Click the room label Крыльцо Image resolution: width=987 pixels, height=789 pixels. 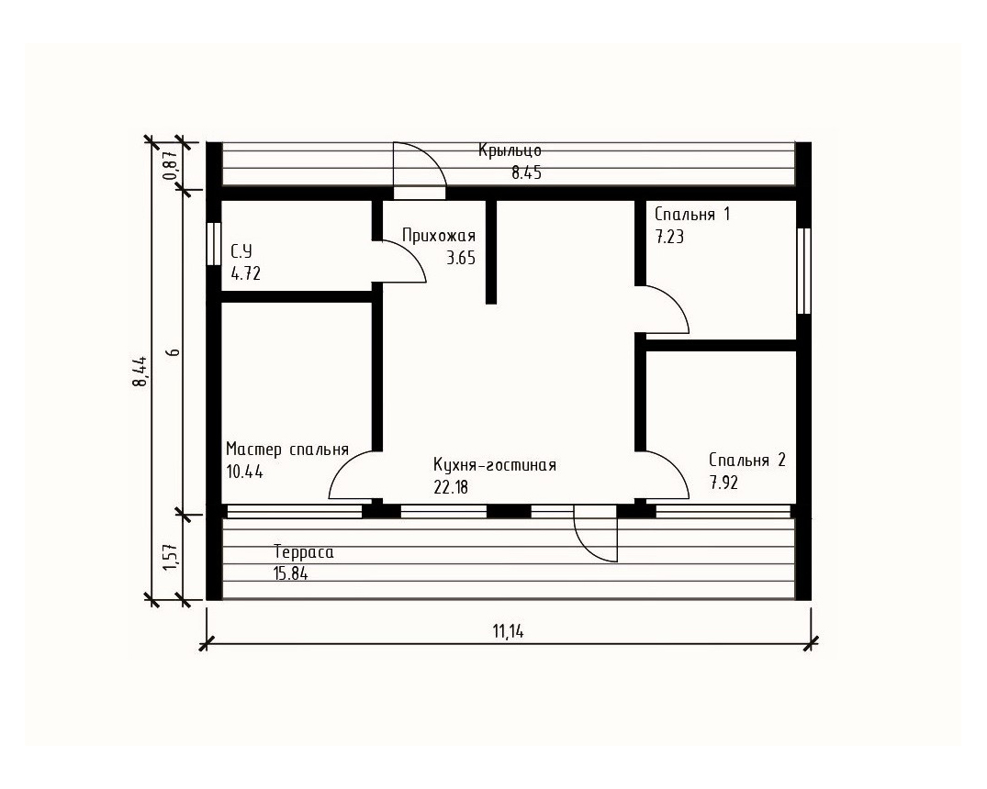coord(510,151)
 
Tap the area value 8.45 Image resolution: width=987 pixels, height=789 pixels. coord(526,173)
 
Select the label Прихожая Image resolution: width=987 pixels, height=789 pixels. coord(439,237)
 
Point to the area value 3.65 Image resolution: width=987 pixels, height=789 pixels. coord(461,258)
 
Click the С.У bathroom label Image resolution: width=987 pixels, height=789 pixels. coord(241,251)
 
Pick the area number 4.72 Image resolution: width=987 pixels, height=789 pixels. coord(245,273)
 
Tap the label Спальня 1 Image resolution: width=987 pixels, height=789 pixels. coord(692,215)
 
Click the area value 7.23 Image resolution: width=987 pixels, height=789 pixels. coord(669,237)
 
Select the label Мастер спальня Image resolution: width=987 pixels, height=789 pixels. coord(287,450)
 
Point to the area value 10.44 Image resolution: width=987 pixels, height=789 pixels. coord(244,472)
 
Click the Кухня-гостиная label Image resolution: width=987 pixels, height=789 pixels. coord(495,465)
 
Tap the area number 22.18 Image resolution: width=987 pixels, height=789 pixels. coord(451,486)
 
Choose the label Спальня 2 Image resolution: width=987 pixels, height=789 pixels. coord(747,460)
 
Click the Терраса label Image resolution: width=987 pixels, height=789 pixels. coord(304,552)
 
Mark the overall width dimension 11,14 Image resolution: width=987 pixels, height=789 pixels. coord(509,631)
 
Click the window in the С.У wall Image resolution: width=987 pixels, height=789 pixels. coord(214,244)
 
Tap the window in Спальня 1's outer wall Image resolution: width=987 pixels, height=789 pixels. coord(803,272)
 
